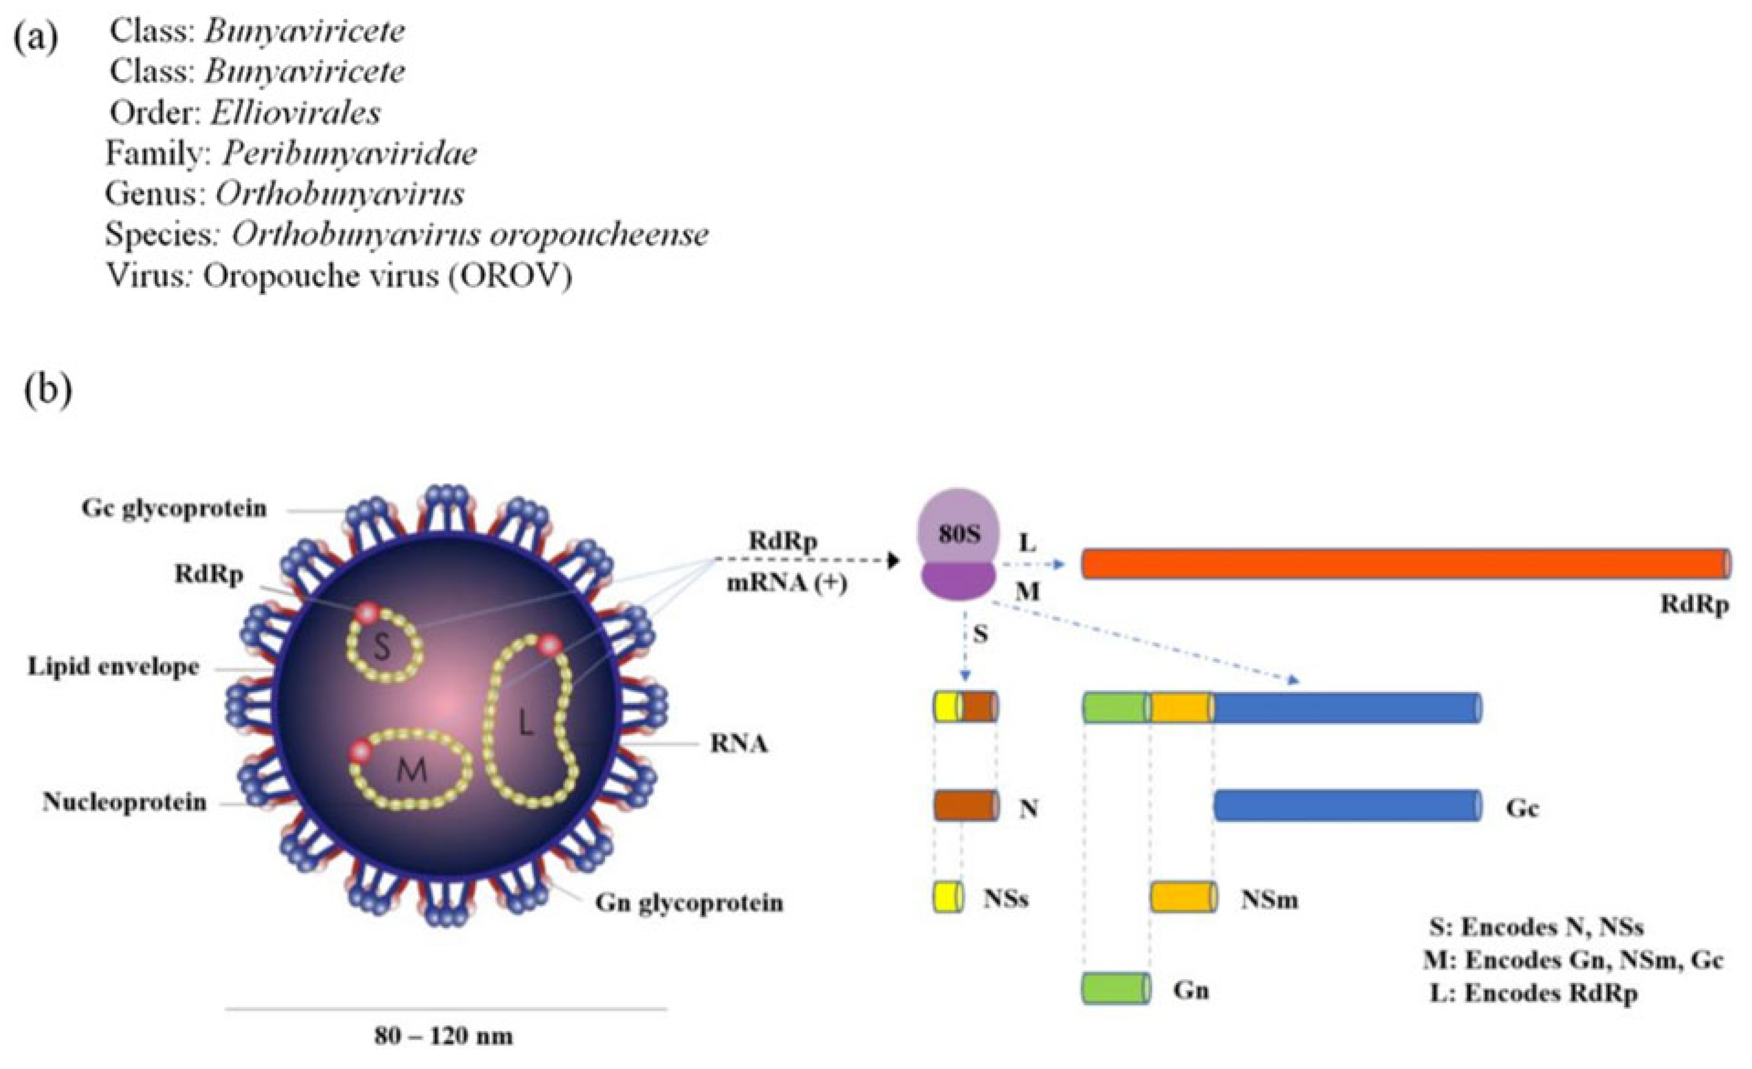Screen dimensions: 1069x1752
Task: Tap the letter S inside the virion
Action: coord(382,646)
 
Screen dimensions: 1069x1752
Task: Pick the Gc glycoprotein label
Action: coord(174,508)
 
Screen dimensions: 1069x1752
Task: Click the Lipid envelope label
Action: coord(114,667)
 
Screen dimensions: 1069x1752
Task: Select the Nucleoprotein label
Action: coord(125,802)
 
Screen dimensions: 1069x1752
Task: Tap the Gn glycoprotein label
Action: coord(689,903)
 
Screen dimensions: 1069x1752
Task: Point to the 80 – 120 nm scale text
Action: coord(444,1036)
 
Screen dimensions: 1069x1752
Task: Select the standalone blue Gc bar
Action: coord(1348,806)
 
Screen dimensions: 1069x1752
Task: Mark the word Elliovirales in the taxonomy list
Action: coord(295,112)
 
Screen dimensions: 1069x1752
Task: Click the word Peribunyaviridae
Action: coord(349,153)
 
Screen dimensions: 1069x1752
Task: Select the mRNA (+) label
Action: coord(786,584)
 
